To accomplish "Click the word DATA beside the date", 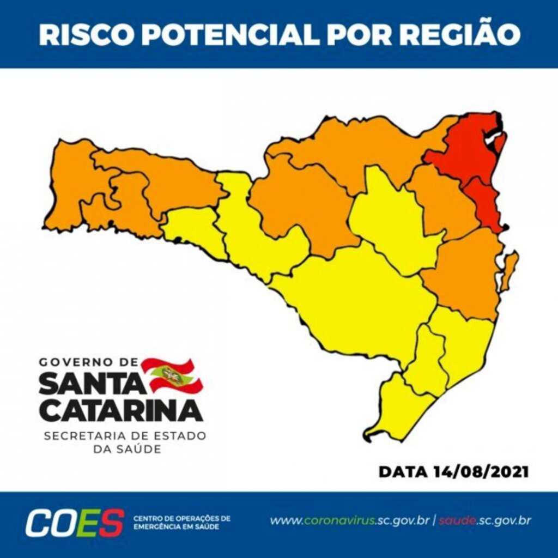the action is [402, 471].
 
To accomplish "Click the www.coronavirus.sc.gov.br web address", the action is [349, 520].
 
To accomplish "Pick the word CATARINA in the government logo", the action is [120, 410].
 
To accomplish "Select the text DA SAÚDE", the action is [125, 450].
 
